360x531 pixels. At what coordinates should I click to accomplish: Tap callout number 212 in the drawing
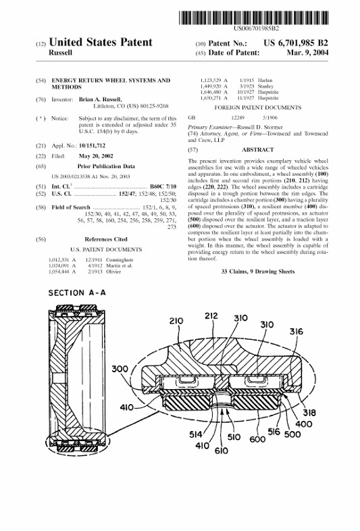coord(211,315)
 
